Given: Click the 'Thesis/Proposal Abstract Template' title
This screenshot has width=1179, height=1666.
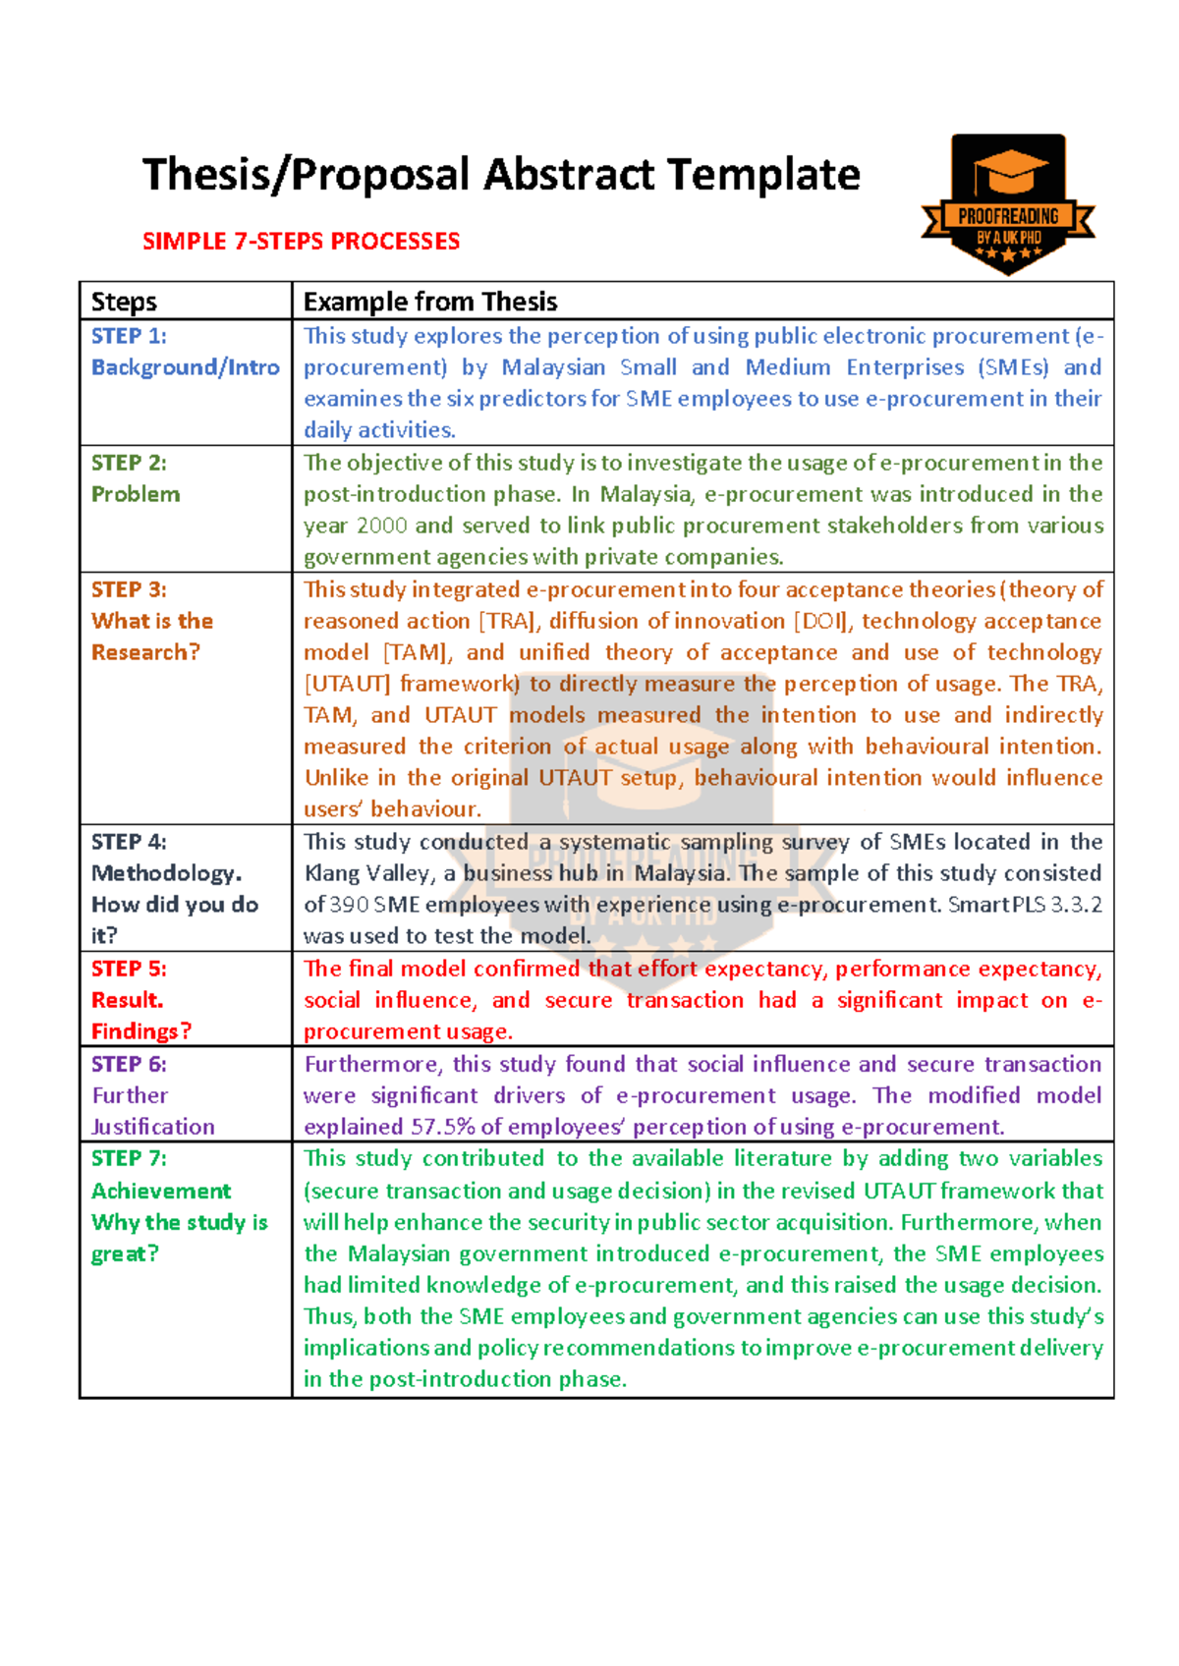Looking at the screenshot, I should coord(501,175).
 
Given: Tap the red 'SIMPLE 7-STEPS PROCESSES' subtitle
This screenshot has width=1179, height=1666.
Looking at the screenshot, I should coord(301,242).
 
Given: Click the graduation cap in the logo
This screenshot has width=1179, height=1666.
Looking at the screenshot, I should coord(1009,173).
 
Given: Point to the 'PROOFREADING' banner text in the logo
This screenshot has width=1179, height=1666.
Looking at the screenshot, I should coord(1008,216).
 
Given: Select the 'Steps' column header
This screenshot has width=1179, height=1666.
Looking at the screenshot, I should coord(124,302).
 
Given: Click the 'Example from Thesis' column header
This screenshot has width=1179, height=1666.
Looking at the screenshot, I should coord(430,302).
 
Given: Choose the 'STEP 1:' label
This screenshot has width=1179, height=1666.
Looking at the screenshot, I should coord(129,336).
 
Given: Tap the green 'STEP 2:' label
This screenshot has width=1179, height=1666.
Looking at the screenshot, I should coord(129,463).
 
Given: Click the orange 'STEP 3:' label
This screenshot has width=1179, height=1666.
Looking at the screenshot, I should coord(129,589).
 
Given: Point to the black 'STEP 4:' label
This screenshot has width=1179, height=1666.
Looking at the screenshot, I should coord(129,842).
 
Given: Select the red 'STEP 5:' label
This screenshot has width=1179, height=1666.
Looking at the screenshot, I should coord(129,969).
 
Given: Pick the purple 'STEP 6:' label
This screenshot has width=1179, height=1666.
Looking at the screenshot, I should coord(129,1064).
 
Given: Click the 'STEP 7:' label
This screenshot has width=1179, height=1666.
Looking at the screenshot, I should coord(129,1159).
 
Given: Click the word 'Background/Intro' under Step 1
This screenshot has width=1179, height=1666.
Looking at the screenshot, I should coord(186,367).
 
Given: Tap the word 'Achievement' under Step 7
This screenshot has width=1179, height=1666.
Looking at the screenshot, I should coord(161,1191).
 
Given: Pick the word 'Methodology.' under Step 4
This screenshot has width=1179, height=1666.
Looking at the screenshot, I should coord(166,873).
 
